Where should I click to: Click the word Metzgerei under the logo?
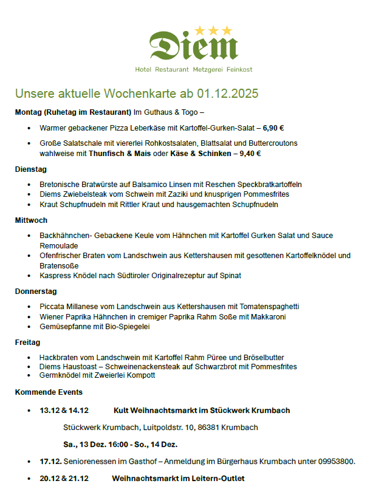pos(210,70)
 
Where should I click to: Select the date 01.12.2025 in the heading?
pos(227,94)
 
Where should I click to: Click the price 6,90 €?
pos(273,128)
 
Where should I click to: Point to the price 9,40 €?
pos(250,154)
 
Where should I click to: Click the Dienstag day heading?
pos(31,169)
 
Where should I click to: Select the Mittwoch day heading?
pos(31,220)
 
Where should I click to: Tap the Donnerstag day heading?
pos(36,291)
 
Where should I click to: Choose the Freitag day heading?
pos(28,343)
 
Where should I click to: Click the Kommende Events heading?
pos(49,392)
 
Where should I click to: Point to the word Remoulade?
pos(59,245)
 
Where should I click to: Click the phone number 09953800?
pos(337,462)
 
